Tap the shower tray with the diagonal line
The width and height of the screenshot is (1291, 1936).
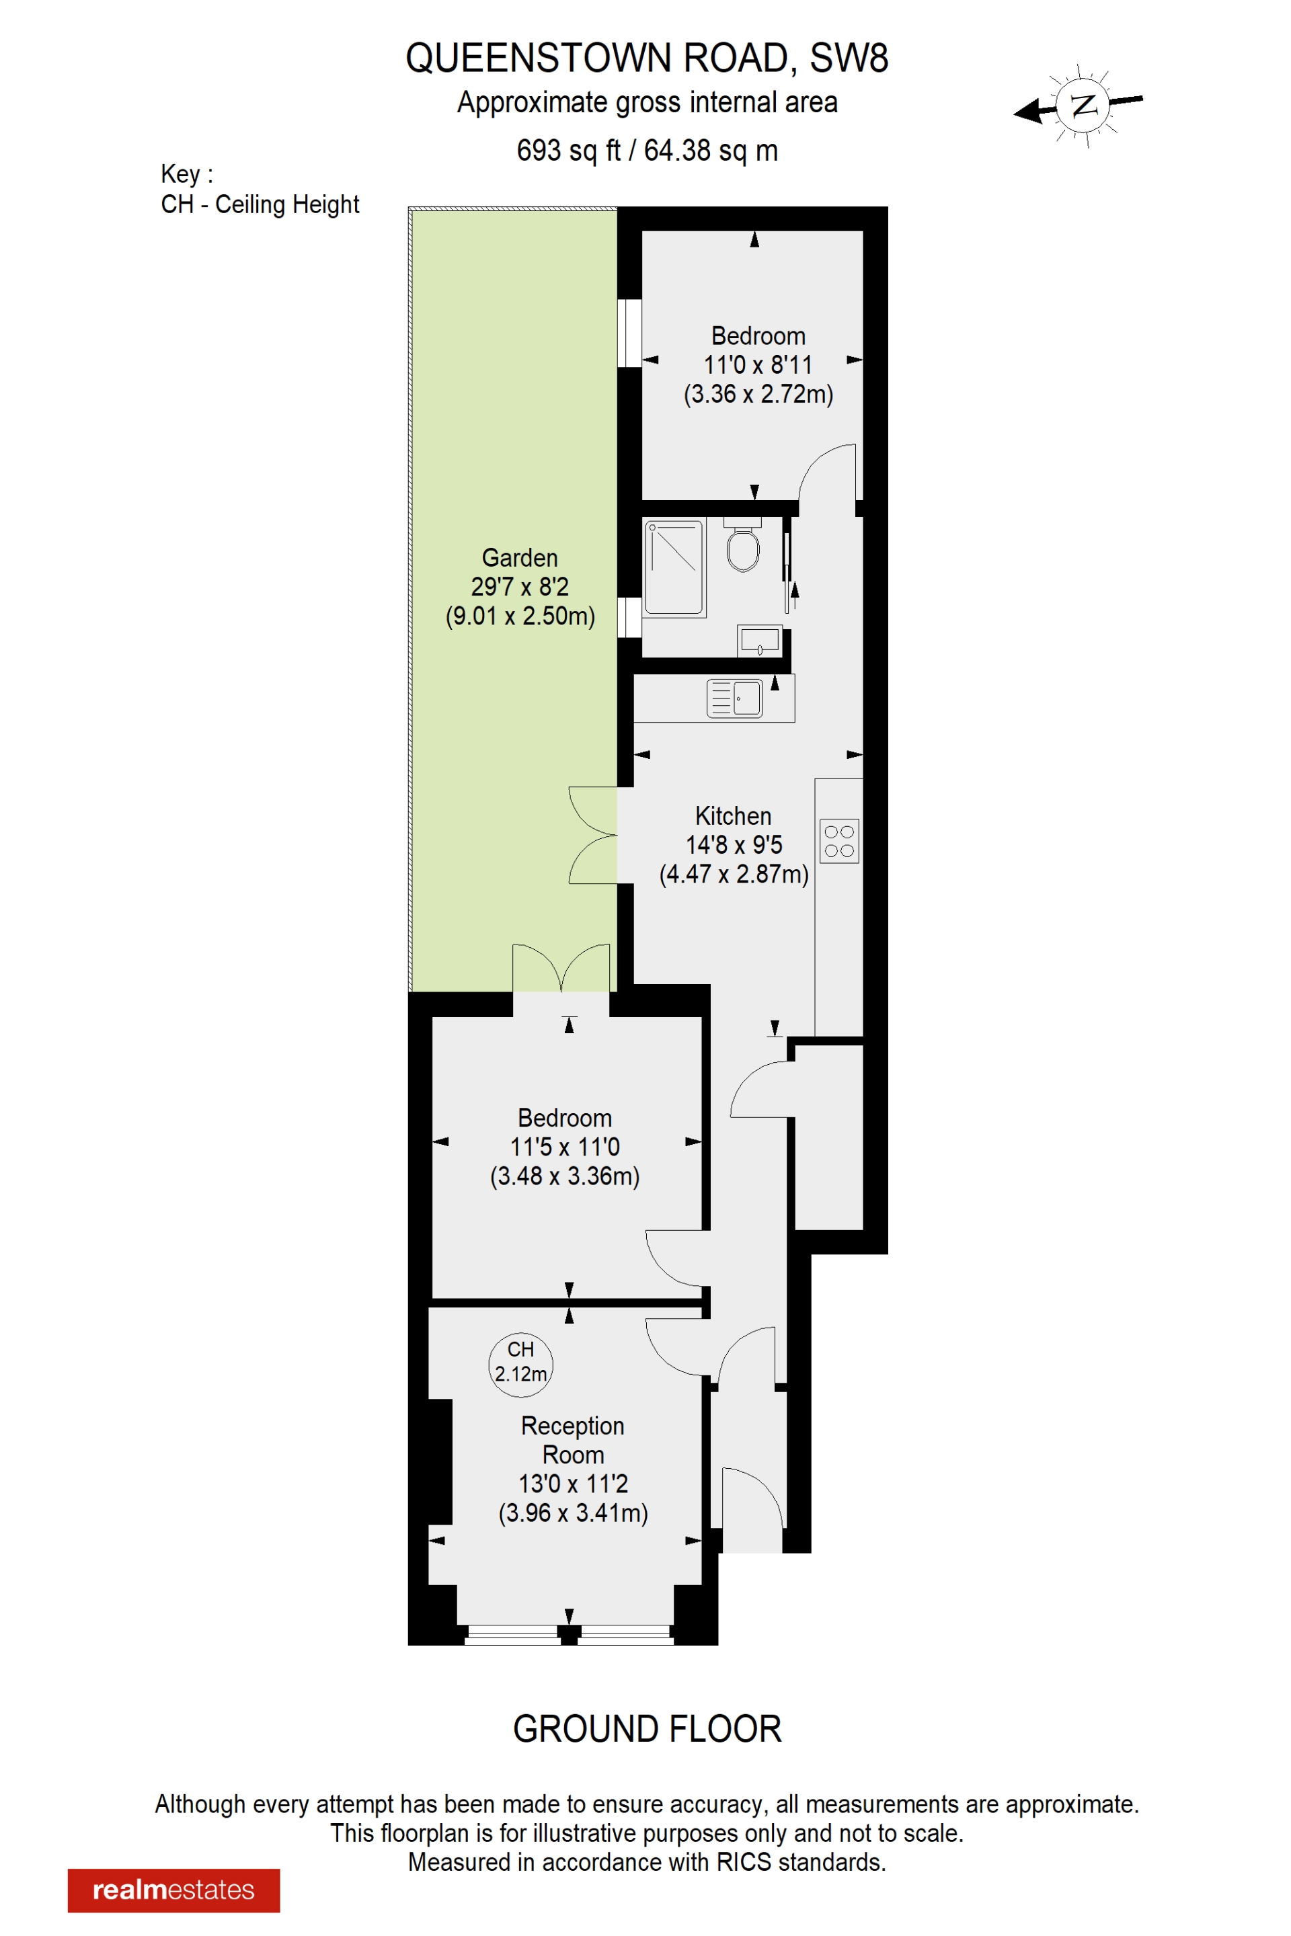[674, 567]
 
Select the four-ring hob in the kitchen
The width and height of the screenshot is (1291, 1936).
[839, 840]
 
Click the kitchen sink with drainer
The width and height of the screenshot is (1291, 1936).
[734, 698]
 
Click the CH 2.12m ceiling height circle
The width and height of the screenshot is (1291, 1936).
[520, 1365]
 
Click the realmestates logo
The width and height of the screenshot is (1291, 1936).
[173, 1890]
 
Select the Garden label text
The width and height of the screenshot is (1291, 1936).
[520, 558]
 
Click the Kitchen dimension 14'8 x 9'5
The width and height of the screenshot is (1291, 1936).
[734, 844]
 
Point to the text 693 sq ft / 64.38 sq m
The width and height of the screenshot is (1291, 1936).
[646, 151]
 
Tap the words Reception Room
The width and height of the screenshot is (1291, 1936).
[573, 1440]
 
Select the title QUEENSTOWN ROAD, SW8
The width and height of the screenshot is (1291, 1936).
[646, 58]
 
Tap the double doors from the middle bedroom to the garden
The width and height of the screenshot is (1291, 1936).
[561, 968]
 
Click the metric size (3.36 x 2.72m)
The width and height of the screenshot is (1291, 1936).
[758, 395]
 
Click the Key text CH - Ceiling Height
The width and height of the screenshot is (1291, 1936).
[260, 204]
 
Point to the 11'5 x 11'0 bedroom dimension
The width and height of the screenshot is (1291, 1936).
[565, 1147]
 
